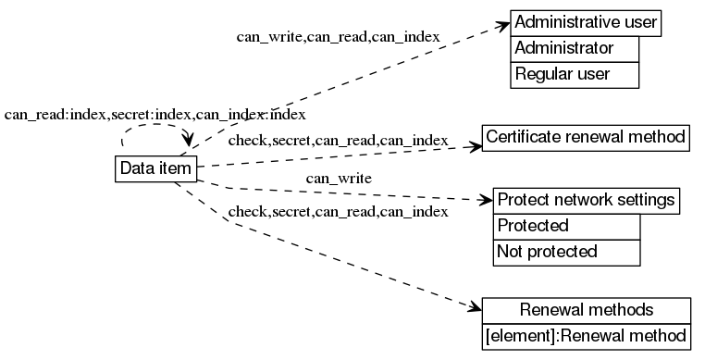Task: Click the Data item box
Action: point(155,168)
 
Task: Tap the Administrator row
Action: point(574,48)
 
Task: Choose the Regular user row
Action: point(574,74)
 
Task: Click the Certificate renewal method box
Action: point(586,138)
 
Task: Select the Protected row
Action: point(567,226)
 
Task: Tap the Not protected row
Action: point(567,251)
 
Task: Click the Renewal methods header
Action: point(586,310)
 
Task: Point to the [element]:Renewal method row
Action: point(586,335)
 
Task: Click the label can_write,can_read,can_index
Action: point(338,37)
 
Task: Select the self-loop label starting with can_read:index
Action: point(155,115)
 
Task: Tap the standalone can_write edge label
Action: point(339,178)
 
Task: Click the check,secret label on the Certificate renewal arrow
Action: point(338,141)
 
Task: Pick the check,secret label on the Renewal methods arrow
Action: point(338,212)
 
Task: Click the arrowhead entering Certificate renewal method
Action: point(475,144)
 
